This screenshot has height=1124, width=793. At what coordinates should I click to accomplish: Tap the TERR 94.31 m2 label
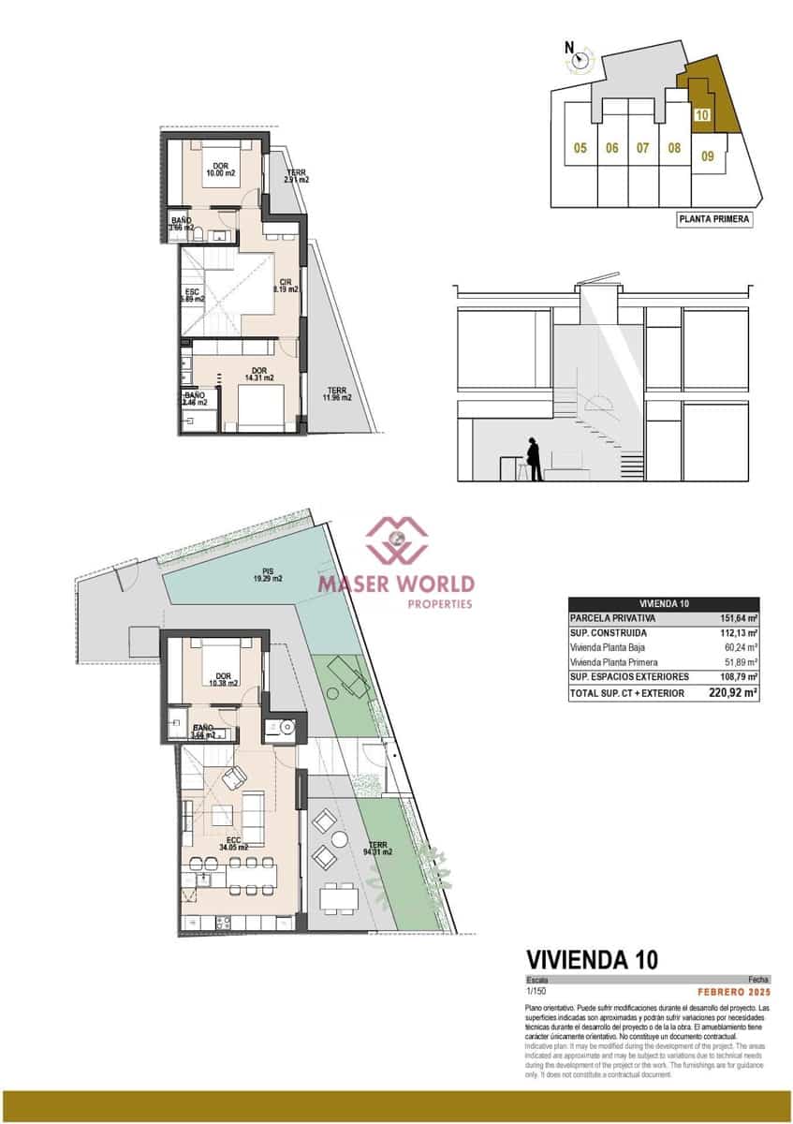[x=378, y=849]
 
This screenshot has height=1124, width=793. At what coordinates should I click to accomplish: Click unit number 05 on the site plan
[x=580, y=148]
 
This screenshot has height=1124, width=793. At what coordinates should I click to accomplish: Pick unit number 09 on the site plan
[x=708, y=156]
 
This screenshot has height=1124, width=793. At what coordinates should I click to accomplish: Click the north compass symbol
[x=581, y=60]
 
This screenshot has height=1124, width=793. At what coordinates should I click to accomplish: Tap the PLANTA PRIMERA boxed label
[x=713, y=220]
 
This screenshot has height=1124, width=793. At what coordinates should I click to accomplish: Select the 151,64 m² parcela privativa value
[x=738, y=618]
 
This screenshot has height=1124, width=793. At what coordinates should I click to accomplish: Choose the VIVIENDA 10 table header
[x=664, y=604]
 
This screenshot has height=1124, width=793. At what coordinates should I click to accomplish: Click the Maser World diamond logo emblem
[x=396, y=539]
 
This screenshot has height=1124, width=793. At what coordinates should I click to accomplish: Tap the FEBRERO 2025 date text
[x=735, y=991]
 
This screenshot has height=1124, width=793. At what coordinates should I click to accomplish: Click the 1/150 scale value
[x=536, y=991]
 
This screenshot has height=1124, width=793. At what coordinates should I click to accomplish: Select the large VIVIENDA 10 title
[x=592, y=959]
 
